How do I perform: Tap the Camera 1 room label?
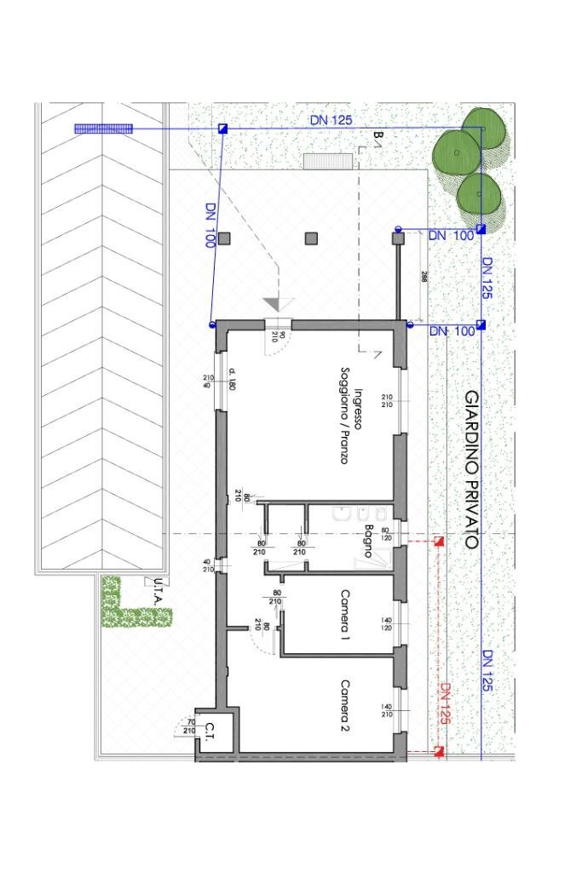pyautogui.click(x=346, y=614)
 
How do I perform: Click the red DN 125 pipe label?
pyautogui.click(x=444, y=703)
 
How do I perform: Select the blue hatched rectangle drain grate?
pyautogui.click(x=103, y=129)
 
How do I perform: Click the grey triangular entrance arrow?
pyautogui.click(x=276, y=304)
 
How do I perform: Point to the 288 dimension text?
pyautogui.click(x=424, y=277)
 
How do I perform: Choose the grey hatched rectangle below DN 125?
pyautogui.click(x=321, y=160)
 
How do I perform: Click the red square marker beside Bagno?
pyautogui.click(x=440, y=542)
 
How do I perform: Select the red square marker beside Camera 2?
pyautogui.click(x=440, y=750)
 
